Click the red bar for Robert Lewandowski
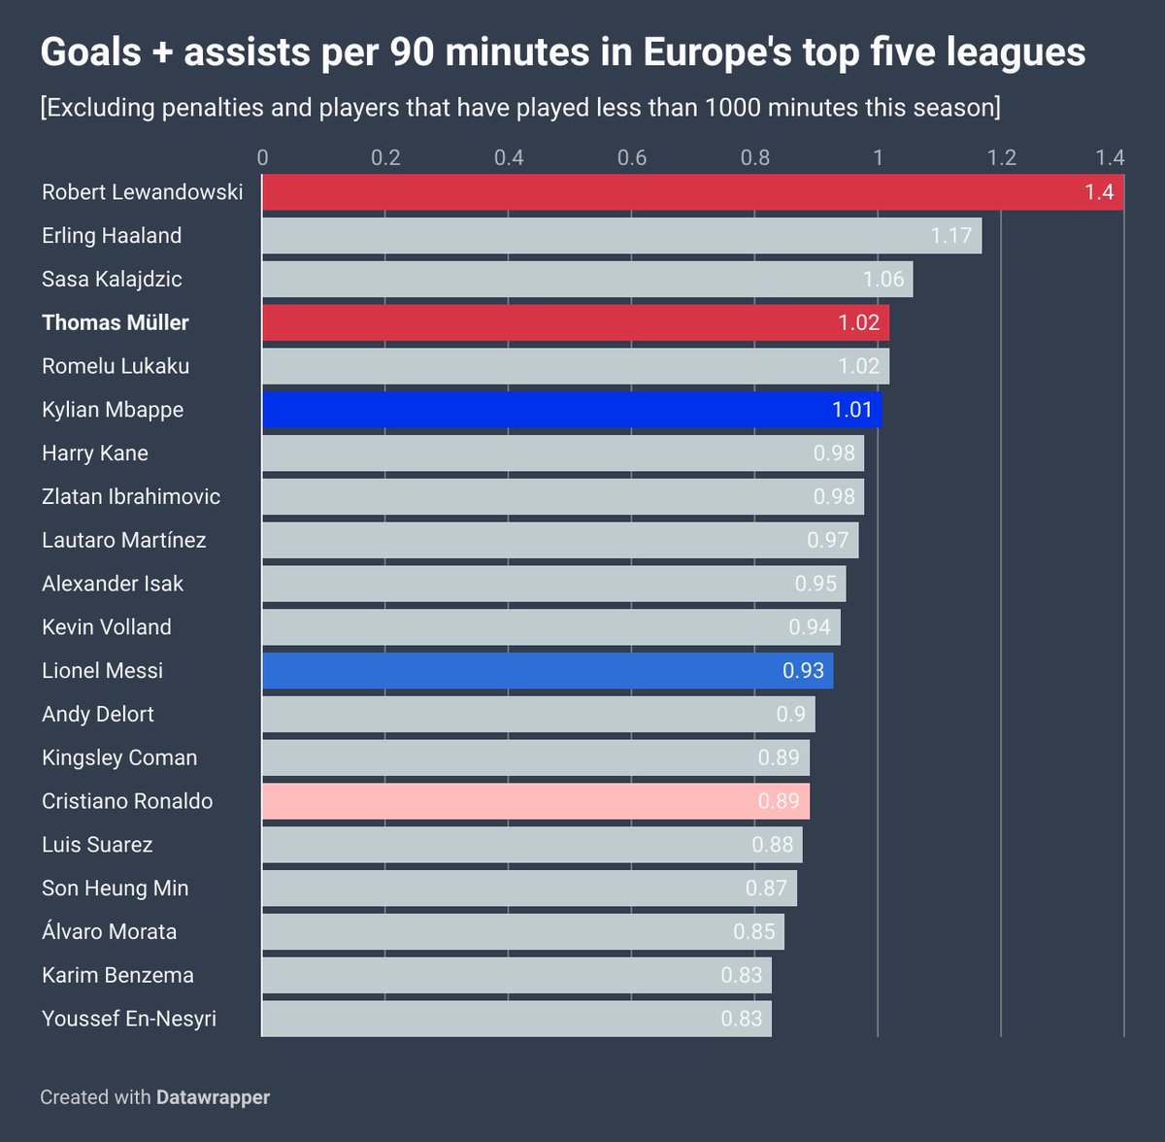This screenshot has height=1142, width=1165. tap(692, 192)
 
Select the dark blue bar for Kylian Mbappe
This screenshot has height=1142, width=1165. tap(572, 410)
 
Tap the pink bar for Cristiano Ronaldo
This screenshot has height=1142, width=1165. tap(535, 801)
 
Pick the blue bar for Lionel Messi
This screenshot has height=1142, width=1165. tap(547, 671)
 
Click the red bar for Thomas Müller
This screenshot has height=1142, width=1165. tap(575, 322)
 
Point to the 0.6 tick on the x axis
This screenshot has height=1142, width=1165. tap(632, 157)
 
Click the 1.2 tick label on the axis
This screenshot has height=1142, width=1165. tap(1002, 157)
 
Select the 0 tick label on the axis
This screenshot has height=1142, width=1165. tap(262, 157)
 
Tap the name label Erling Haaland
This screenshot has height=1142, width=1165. tap(112, 236)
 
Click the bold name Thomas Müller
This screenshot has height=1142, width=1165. tap(116, 322)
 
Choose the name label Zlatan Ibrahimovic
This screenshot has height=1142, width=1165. tap(131, 496)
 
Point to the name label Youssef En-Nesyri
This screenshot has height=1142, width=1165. tap(129, 1019)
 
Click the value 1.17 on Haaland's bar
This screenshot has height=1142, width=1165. tap(950, 236)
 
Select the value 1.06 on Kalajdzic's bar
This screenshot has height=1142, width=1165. tap(882, 280)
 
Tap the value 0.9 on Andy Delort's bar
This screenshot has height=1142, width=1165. tap(790, 715)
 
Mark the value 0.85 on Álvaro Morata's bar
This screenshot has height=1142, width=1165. tap(753, 932)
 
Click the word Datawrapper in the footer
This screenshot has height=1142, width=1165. tap(213, 1097)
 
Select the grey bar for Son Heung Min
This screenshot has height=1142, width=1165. tap(529, 889)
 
